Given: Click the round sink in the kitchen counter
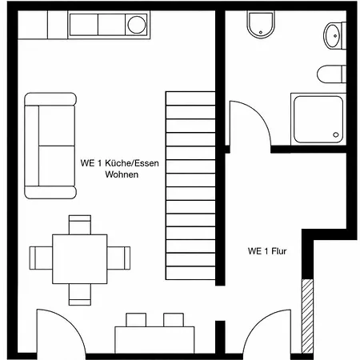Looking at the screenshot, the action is [137, 25].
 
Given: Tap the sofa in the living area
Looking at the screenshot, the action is [50, 146].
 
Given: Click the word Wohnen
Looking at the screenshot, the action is [122, 174].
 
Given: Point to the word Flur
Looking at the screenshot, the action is [279, 251].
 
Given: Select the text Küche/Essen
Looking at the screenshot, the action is [132, 163].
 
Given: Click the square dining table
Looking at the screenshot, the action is [80, 259].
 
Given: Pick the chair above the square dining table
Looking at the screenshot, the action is [80, 225].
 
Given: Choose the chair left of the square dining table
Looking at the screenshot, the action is [41, 258].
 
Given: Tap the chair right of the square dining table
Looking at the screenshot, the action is [118, 258].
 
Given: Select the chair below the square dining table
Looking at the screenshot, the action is [80, 294].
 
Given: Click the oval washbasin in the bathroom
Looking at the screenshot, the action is [332, 36].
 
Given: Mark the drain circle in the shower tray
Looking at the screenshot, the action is [336, 134].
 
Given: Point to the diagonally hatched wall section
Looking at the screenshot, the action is [307, 316].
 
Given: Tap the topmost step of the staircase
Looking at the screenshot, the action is [190, 98].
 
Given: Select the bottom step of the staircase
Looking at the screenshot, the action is [190, 273].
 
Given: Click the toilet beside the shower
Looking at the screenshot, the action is [331, 74].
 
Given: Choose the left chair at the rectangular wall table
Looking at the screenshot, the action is [136, 320].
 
